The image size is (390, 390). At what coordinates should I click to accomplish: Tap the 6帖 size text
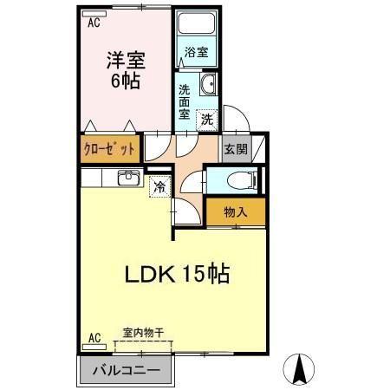click(127, 82)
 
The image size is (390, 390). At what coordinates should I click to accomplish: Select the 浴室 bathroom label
click(197, 52)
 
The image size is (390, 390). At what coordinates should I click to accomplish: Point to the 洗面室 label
click(185, 101)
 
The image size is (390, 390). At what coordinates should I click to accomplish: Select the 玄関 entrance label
click(235, 148)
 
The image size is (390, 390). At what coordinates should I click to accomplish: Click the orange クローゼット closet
click(109, 147)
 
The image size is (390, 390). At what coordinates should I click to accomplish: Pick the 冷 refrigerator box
click(159, 185)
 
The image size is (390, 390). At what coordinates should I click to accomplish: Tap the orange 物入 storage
click(235, 211)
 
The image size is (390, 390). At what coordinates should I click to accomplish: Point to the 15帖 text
click(206, 276)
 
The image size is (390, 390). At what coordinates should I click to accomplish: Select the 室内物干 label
click(142, 332)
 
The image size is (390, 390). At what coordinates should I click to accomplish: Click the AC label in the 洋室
click(94, 23)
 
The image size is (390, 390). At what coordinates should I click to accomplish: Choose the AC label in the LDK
click(94, 337)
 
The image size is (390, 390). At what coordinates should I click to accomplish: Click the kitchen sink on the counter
click(127, 178)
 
